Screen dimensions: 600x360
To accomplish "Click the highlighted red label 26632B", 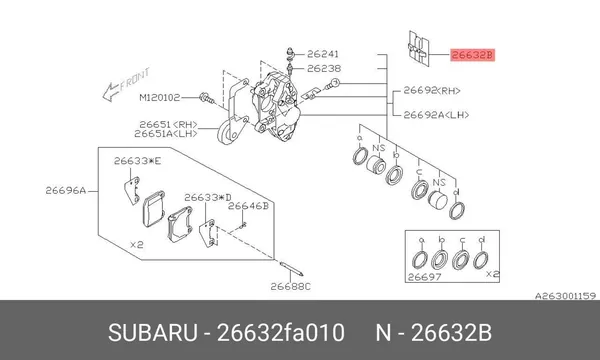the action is (x=472, y=55).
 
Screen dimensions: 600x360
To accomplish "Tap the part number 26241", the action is (x=323, y=54).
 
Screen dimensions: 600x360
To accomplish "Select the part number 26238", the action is (x=324, y=68).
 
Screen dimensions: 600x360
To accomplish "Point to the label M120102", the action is (x=160, y=98).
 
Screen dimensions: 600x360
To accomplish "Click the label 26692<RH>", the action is (x=432, y=91).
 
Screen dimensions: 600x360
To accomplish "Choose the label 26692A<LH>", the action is (x=436, y=115).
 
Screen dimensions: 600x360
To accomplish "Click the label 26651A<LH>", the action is (x=166, y=134).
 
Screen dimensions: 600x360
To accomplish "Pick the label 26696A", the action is (x=66, y=190).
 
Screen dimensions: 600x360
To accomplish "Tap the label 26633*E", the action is (x=137, y=161).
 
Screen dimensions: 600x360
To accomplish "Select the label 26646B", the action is (x=248, y=206).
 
